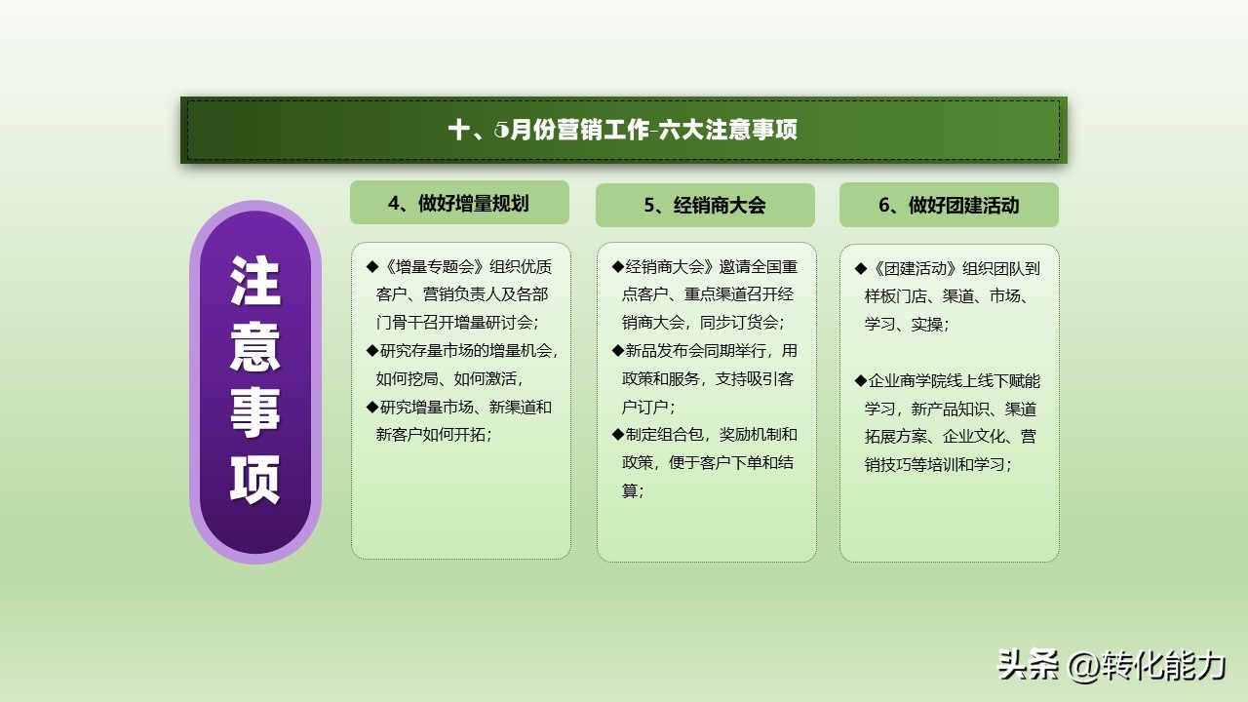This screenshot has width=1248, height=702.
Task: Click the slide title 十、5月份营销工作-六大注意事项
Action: pyautogui.click(x=623, y=130)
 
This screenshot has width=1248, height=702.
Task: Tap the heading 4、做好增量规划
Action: pyautogui.click(x=458, y=203)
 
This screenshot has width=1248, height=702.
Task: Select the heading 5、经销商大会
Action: pyautogui.click(x=704, y=205)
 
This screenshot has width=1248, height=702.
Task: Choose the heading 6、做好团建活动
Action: pyautogui.click(x=949, y=205)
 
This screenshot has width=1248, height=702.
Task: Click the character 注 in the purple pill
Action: pyautogui.click(x=255, y=282)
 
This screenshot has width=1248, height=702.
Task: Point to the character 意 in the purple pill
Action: pyautogui.click(x=255, y=346)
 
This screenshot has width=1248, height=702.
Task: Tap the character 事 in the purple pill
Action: pyautogui.click(x=255, y=411)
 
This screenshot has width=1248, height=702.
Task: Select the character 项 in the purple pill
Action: pyautogui.click(x=255, y=478)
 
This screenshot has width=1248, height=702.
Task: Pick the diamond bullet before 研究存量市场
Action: pyautogui.click(x=371, y=351)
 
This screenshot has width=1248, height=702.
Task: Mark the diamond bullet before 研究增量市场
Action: pyautogui.click(x=371, y=407)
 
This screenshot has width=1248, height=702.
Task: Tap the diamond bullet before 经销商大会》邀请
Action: pyautogui.click(x=617, y=267)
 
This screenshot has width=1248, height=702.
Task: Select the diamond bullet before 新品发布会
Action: pyautogui.click(x=617, y=351)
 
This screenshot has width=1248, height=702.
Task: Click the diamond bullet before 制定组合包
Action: pyautogui.click(x=617, y=435)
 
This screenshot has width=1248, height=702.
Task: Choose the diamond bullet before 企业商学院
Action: pyautogui.click(x=860, y=380)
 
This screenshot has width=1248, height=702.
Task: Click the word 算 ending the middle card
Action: pyautogui.click(x=631, y=490)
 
